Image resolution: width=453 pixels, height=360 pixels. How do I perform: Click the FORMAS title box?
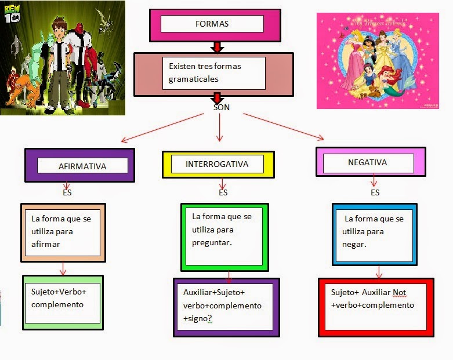click(x=212, y=24)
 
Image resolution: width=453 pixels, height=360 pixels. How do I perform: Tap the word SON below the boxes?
click(x=222, y=107)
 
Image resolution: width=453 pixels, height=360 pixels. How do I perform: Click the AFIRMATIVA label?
click(x=82, y=166)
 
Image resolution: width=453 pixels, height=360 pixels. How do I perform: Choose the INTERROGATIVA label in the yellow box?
click(x=217, y=164)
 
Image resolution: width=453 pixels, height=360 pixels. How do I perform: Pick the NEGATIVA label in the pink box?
click(x=367, y=163)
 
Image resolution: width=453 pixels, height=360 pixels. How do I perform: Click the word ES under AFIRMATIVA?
click(x=67, y=192)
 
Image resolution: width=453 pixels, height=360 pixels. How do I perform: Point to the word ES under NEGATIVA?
click(x=375, y=192)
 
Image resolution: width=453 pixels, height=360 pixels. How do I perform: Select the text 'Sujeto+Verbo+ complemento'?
click(x=58, y=297)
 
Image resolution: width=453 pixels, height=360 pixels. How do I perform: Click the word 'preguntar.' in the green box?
click(x=212, y=243)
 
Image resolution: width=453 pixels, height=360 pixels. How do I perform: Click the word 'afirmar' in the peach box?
click(x=46, y=244)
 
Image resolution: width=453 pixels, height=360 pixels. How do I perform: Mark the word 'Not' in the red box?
click(x=400, y=292)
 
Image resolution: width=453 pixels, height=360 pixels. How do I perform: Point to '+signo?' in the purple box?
click(x=198, y=319)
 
